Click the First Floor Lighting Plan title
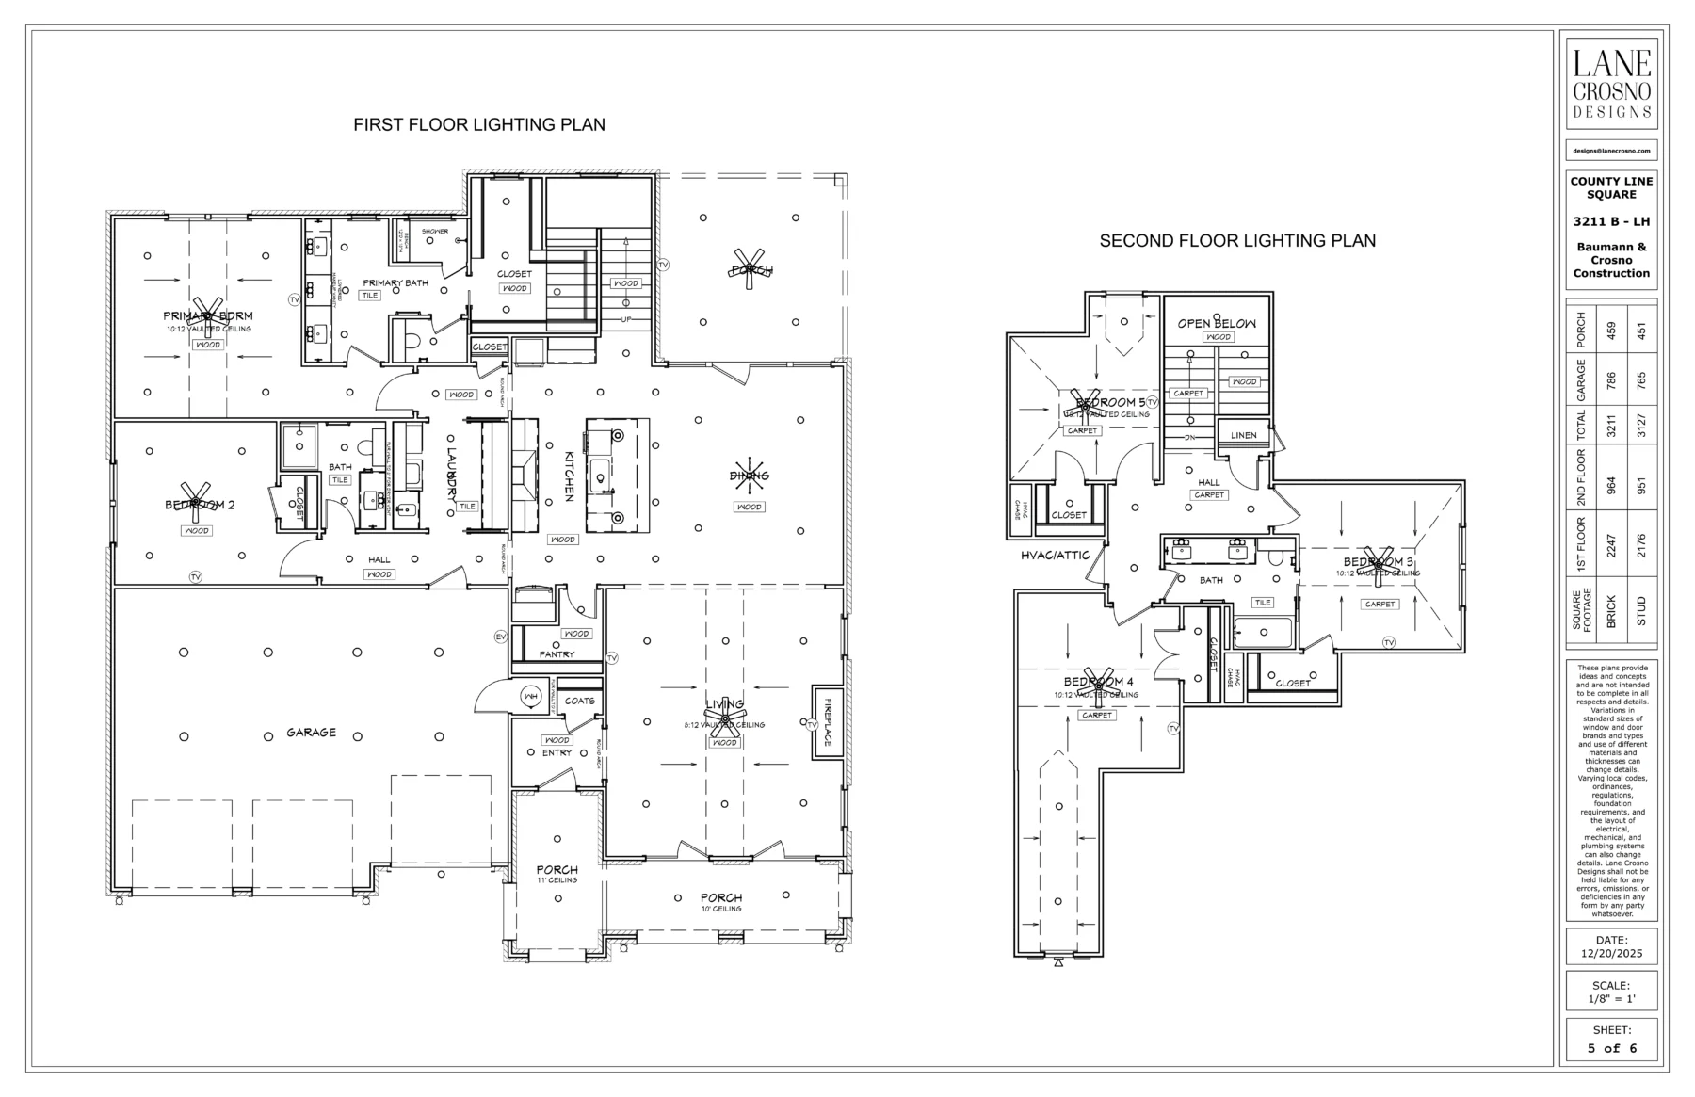(478, 124)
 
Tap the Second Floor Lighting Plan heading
(1236, 241)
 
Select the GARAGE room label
(311, 732)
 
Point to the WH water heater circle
(530, 696)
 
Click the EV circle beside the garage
(501, 637)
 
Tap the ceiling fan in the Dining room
(750, 475)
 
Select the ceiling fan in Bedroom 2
(200, 502)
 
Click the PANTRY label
(557, 653)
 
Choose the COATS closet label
(579, 701)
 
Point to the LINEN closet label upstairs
(1243, 435)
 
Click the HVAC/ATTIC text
(1055, 556)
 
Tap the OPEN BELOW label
(1217, 323)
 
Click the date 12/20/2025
(1611, 954)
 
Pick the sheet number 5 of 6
(1611, 1048)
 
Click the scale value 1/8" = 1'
(1611, 999)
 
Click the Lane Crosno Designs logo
(1611, 82)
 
